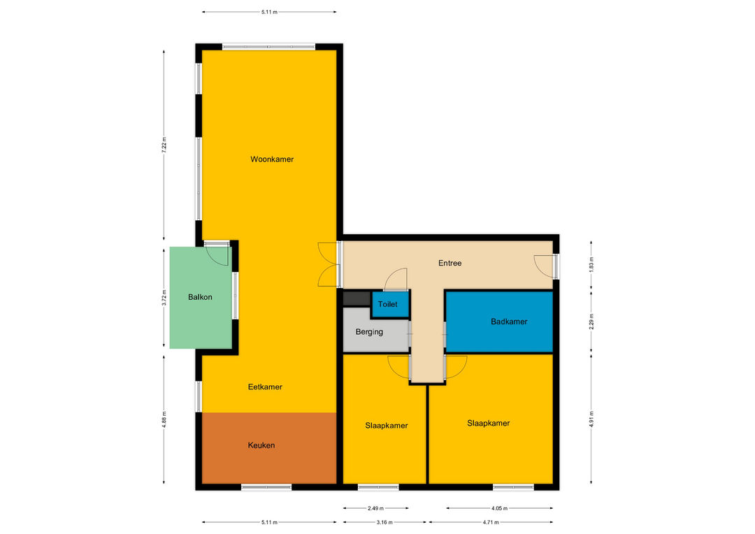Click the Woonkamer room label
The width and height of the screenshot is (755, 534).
272,159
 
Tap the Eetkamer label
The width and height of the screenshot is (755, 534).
265,387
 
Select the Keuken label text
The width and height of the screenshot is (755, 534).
261,445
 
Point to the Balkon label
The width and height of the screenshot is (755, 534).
200,297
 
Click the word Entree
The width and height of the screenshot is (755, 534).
450,263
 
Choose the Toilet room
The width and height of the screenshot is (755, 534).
387,304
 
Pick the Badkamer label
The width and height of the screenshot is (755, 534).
509,322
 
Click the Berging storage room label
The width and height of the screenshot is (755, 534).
369,332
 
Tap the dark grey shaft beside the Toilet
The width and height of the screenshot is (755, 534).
357,298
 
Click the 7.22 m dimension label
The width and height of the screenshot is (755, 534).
164,145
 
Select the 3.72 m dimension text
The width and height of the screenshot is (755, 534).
164,298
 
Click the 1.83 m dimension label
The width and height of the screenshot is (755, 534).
591,265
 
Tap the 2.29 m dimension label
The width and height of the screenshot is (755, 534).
591,322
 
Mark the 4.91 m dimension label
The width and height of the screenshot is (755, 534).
591,419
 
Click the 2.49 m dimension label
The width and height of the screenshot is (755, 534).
375,508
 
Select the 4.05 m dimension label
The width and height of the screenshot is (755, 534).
499,508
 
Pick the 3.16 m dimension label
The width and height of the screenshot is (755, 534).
384,522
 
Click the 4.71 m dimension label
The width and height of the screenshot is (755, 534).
491,522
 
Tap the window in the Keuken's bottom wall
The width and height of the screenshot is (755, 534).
266,487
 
